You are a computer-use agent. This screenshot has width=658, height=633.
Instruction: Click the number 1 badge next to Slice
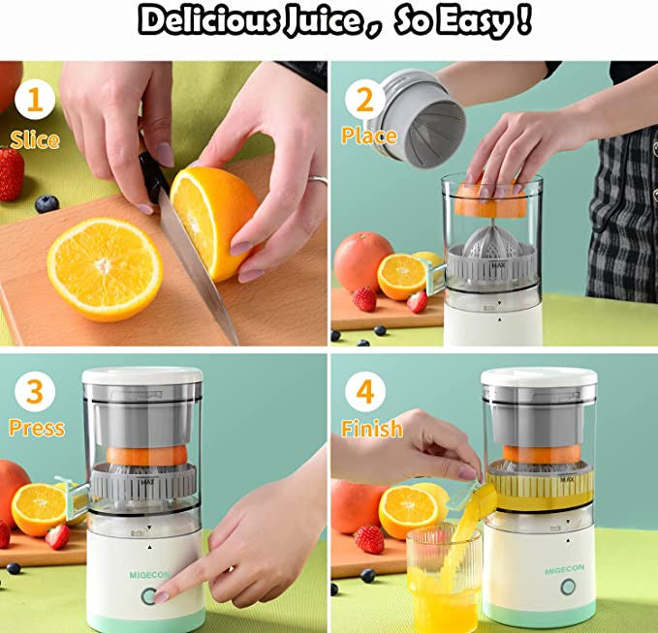34,100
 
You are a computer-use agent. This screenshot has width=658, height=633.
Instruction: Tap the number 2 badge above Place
364,100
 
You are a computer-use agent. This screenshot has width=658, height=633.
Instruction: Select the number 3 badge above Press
34,392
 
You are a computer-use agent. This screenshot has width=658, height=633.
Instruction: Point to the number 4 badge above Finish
364,392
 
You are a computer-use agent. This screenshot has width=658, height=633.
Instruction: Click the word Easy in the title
483,21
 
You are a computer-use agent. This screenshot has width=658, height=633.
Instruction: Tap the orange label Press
37,428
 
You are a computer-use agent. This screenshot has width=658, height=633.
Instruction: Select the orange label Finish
371,428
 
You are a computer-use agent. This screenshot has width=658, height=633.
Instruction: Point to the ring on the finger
317,181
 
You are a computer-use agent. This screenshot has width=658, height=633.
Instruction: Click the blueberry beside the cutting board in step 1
47,203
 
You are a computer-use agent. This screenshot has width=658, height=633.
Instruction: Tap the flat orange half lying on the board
105,268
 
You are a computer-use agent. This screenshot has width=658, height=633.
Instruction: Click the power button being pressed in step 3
150,594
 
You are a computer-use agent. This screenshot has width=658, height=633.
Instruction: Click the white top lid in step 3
141,376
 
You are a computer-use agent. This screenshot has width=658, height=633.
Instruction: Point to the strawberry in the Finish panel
368,538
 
